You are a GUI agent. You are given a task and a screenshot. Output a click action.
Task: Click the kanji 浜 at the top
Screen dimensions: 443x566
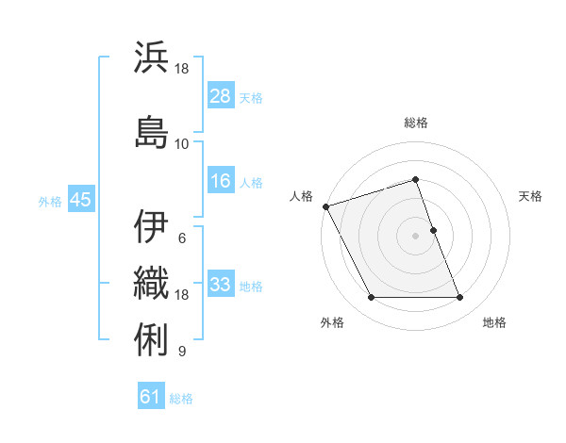pos(152,57)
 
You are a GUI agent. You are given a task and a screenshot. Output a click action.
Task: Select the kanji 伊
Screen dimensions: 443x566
pos(152,226)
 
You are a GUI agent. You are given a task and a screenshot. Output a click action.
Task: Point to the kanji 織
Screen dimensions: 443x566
pos(152,280)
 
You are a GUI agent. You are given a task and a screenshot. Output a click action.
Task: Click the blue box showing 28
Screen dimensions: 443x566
pos(221,95)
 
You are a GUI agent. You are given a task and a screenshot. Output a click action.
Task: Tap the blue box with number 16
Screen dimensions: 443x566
pos(221,181)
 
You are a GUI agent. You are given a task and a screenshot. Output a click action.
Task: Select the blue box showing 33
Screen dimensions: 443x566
pos(221,285)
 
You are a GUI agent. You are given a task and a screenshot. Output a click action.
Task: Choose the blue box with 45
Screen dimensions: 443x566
pos(80,200)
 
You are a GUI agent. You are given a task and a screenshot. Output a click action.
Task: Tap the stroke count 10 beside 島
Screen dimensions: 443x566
pos(182,143)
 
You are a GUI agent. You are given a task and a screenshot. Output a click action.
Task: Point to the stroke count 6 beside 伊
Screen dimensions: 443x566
pos(182,238)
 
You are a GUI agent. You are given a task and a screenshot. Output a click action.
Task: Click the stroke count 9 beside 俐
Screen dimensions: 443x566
pos(182,352)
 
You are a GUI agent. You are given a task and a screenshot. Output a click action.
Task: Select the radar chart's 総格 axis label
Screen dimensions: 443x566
pos(416,123)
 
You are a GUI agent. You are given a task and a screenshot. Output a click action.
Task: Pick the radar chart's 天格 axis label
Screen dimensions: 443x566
pos(530,196)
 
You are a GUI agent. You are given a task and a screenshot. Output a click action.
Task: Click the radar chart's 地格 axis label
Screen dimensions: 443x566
pos(494,322)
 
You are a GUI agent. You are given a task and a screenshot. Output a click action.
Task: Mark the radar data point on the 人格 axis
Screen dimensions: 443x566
pos(325,206)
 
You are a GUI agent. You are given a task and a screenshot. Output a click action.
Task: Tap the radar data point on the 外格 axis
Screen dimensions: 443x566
pos(371,298)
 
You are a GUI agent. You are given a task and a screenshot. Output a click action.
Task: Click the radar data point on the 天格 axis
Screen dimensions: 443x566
pos(433,230)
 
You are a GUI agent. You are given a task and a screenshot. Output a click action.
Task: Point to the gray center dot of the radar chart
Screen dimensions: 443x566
pos(416,236)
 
